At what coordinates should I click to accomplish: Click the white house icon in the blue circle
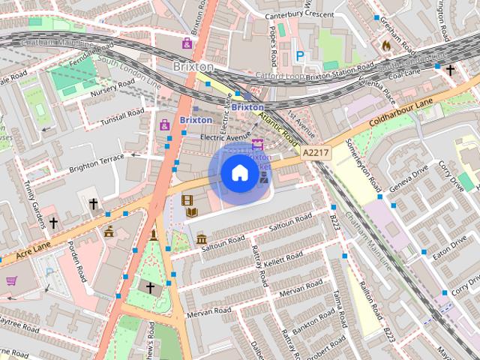click(239, 173)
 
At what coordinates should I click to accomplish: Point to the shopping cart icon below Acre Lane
click(12, 281)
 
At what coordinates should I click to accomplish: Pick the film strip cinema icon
click(187, 200)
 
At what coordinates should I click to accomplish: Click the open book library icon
click(192, 214)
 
